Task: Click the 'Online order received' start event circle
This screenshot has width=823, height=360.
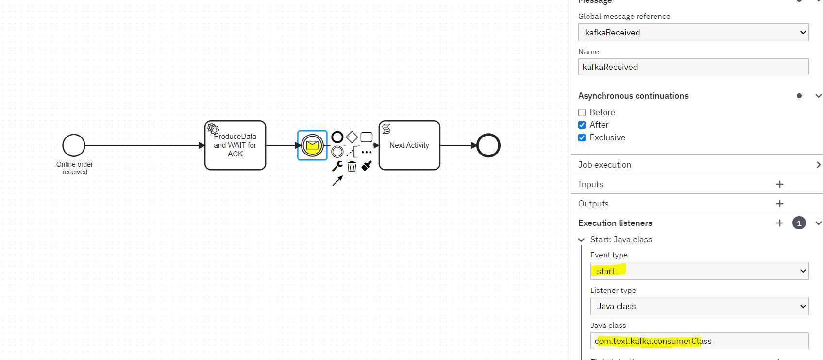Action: (x=74, y=145)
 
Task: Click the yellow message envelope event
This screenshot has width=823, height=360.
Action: (x=312, y=145)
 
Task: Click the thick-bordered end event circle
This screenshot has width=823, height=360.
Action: (x=488, y=145)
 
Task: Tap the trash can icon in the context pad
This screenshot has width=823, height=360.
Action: (x=352, y=167)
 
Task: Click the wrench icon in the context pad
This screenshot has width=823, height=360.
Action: (x=337, y=167)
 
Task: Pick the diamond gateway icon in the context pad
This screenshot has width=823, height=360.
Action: (x=352, y=137)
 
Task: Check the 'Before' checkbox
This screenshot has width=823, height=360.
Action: (x=582, y=112)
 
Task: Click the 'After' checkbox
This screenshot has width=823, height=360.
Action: (x=582, y=125)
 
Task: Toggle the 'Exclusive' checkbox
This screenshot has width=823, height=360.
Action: (x=582, y=137)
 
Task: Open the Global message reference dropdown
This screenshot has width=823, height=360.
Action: (x=693, y=33)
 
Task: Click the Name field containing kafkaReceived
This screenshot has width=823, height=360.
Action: (x=693, y=67)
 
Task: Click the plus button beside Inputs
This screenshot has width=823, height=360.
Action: (x=780, y=184)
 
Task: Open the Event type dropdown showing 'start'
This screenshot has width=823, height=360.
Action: (x=699, y=271)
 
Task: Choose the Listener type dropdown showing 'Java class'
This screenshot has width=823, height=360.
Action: (x=699, y=306)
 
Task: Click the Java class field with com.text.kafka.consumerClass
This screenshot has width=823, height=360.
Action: (x=699, y=341)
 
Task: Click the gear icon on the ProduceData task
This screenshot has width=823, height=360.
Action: (x=213, y=129)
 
